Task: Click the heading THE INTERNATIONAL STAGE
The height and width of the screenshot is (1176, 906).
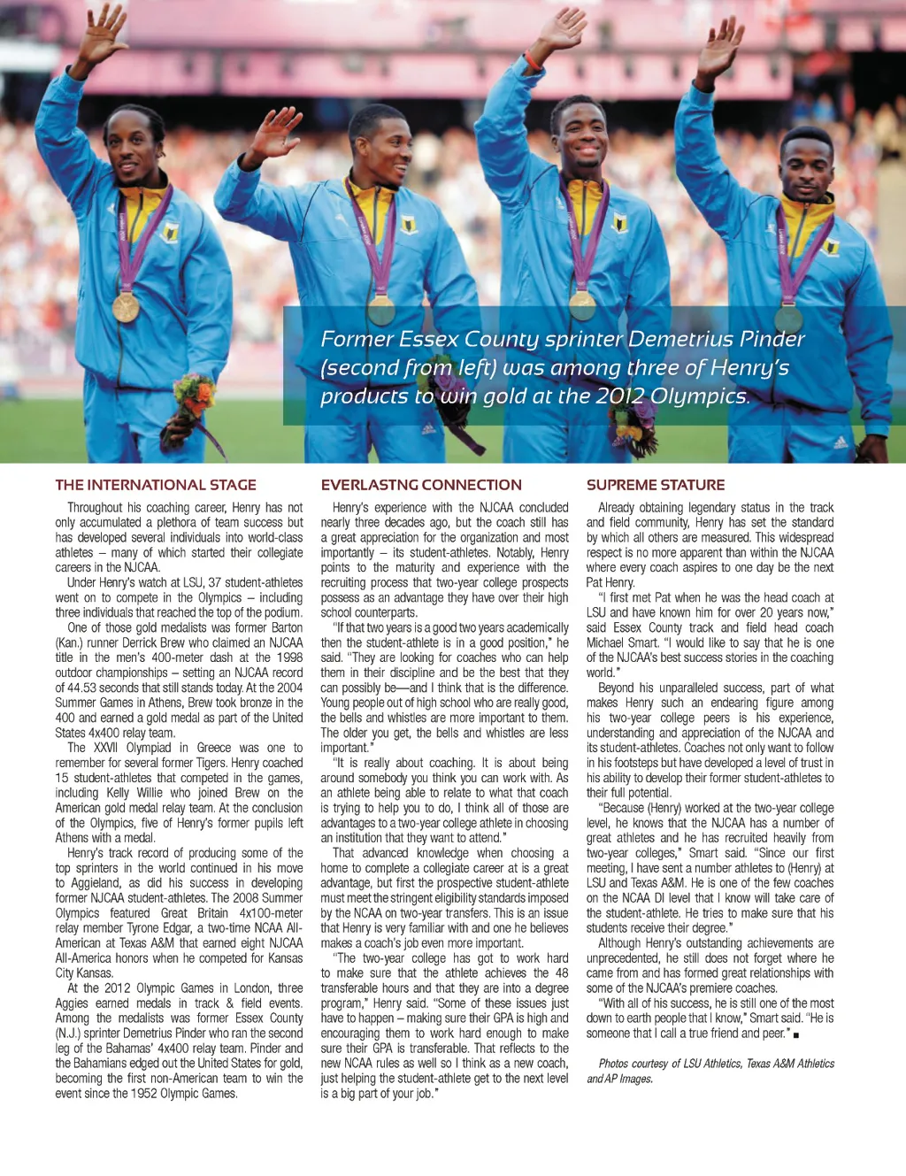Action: pos(156,485)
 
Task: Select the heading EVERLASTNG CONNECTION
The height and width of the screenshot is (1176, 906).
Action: pos(421,485)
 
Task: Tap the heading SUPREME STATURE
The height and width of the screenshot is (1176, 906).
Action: pos(656,485)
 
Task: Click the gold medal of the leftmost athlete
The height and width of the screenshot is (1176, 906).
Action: pos(126,307)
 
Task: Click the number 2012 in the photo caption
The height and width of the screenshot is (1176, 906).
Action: pos(619,396)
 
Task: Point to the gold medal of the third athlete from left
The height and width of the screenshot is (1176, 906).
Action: pos(582,305)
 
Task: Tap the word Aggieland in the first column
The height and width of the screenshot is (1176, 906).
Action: pos(95,883)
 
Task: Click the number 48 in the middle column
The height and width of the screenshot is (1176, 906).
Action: pos(561,973)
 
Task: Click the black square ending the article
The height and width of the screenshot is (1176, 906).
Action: pos(796,1034)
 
